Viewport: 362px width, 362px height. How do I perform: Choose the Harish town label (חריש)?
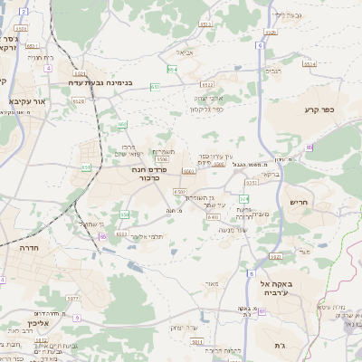[300, 201]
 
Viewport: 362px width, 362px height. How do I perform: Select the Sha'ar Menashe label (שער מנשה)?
[233, 230]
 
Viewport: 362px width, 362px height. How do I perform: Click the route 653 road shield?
[156, 86]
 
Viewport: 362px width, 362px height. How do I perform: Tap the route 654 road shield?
[172, 69]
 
